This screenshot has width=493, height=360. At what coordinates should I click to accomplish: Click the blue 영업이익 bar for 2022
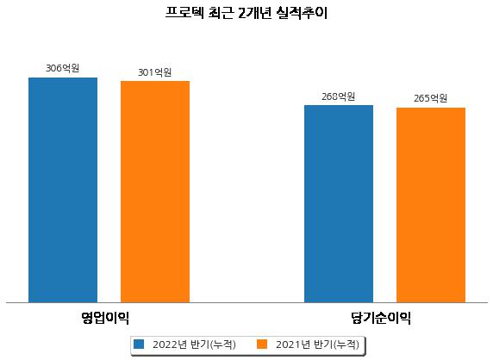(63, 190)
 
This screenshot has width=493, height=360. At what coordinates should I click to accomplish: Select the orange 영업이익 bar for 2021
(155, 191)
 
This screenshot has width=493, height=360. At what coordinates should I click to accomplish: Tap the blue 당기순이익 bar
(339, 204)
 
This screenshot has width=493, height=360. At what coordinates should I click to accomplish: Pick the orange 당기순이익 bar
(431, 205)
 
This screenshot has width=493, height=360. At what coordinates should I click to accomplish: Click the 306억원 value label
(63, 68)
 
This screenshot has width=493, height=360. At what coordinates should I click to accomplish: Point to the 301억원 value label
(154, 72)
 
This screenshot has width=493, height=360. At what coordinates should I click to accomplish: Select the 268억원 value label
(339, 96)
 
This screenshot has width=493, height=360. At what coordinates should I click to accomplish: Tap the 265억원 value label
(430, 98)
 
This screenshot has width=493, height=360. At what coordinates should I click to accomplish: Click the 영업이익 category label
(105, 318)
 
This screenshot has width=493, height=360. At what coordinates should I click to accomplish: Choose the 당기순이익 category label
(381, 318)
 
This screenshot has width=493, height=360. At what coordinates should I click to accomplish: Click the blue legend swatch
(139, 344)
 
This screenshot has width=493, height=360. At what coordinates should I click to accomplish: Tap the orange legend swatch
(262, 344)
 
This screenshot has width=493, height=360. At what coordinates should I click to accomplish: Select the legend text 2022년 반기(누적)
(194, 344)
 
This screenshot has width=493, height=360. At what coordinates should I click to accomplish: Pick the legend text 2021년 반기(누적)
(317, 344)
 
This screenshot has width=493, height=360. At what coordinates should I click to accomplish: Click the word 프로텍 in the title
(184, 13)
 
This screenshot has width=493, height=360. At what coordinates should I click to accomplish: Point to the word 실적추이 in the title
(302, 13)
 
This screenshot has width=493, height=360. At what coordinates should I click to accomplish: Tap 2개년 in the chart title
(254, 13)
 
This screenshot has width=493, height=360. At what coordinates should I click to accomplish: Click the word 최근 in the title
(221, 13)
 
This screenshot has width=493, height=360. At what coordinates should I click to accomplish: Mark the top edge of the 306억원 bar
(63, 78)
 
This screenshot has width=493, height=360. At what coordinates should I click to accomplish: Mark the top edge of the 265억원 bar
(431, 108)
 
